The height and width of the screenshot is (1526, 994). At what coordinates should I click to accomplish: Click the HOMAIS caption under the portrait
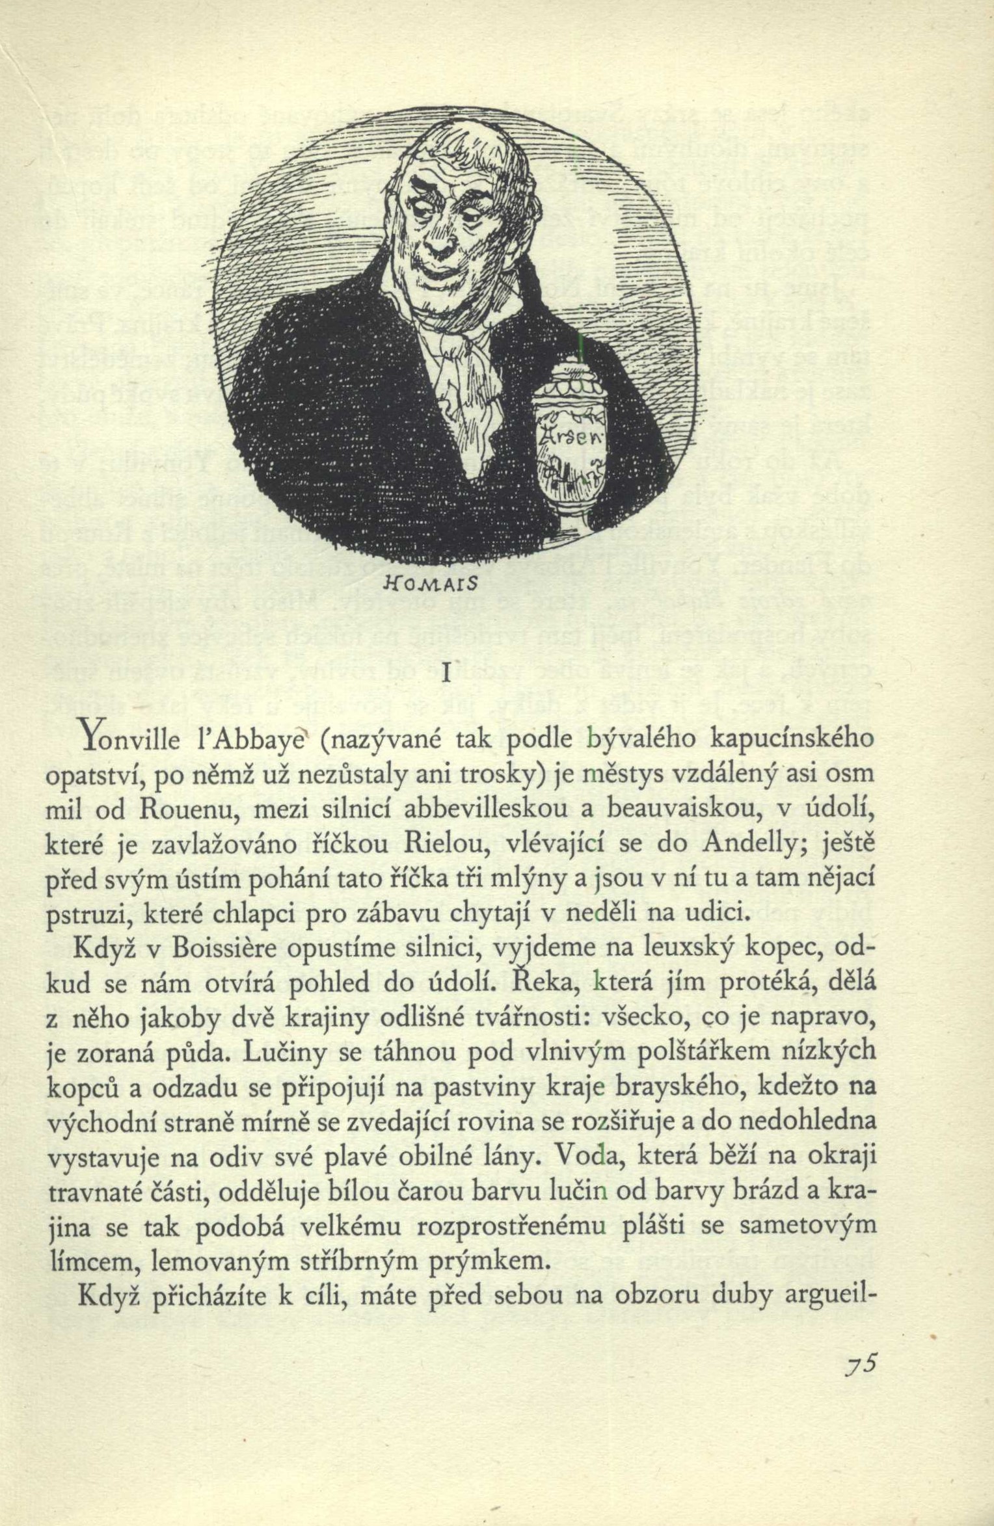point(448,583)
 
